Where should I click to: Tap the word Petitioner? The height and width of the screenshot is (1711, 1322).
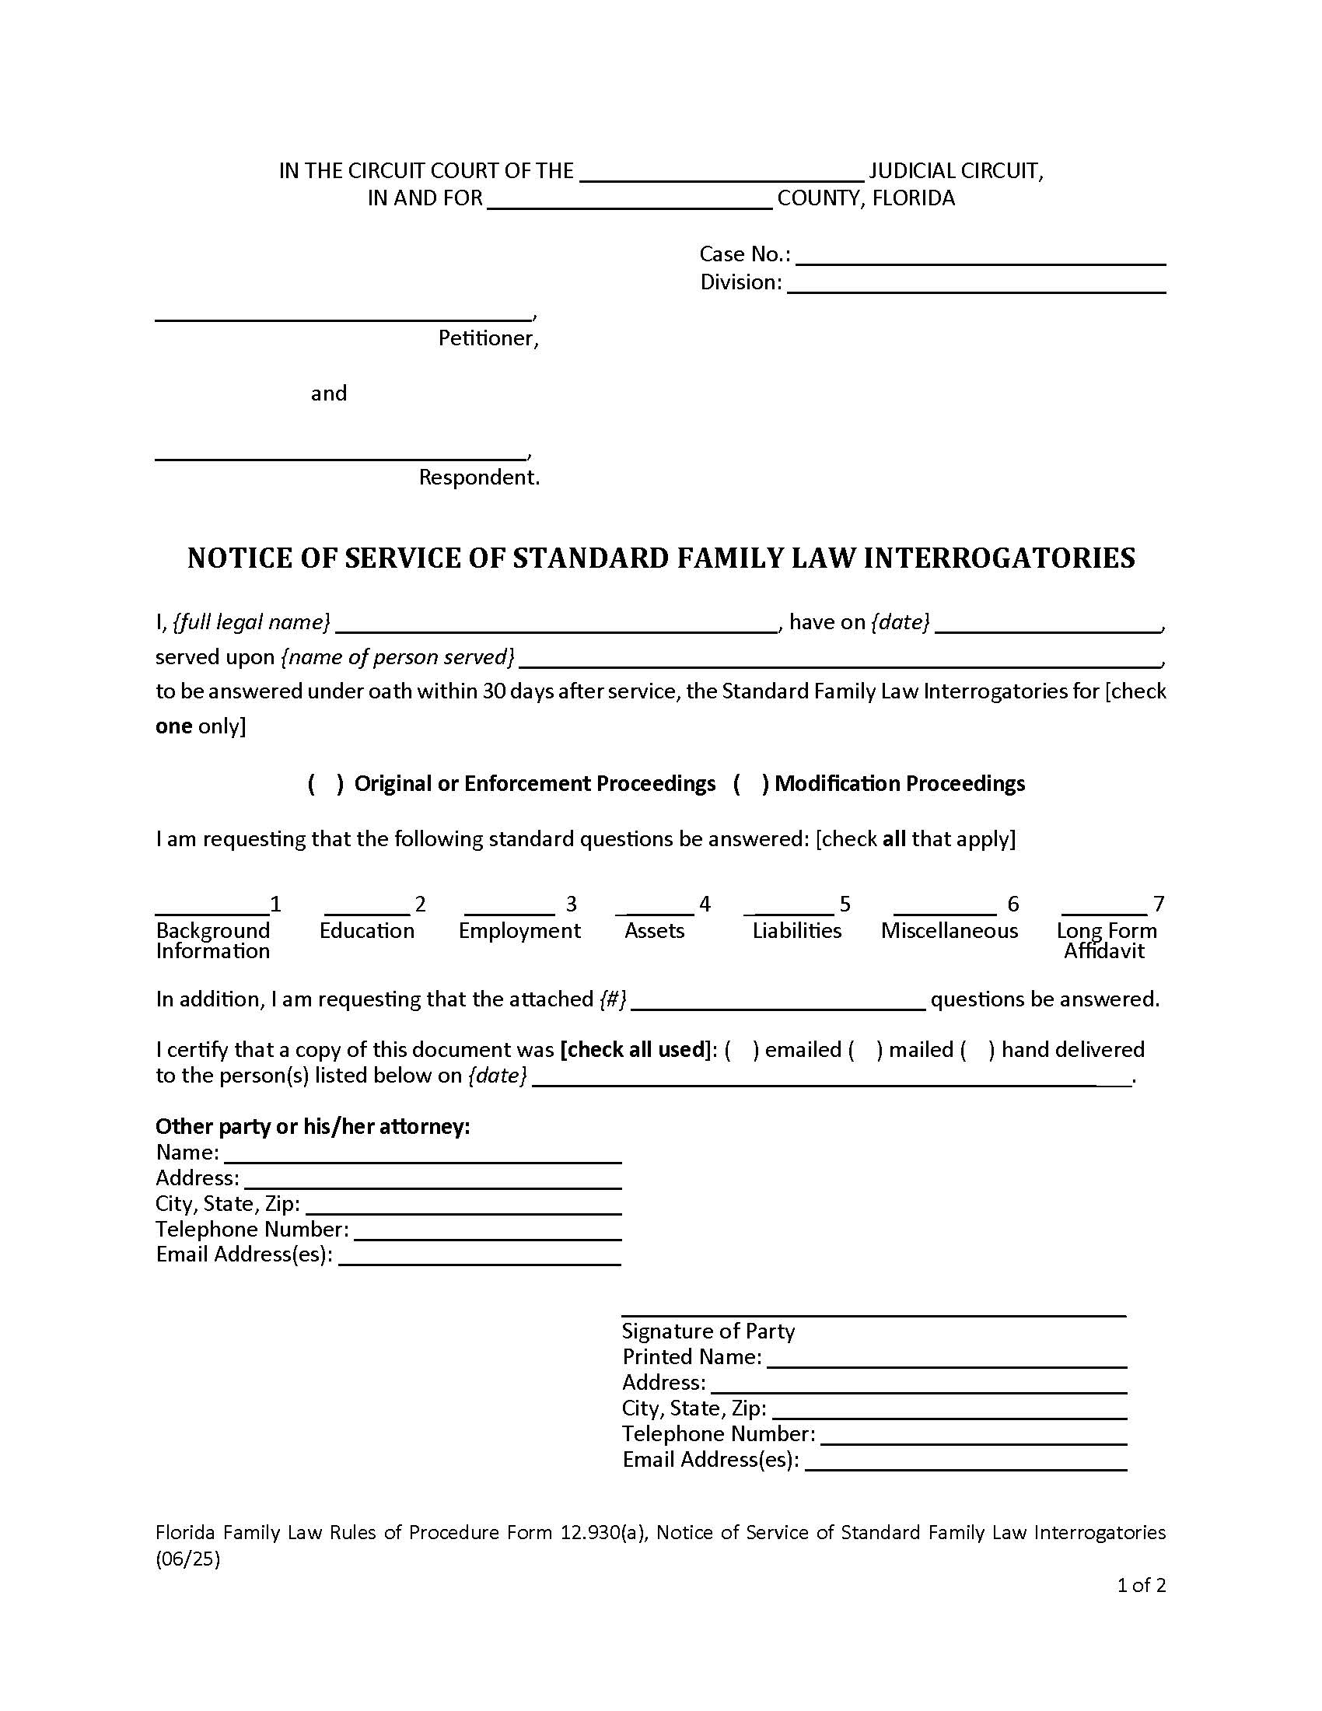pos(488,338)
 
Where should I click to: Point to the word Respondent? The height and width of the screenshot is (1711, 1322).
pos(478,477)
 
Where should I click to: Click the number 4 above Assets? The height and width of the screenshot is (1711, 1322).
pos(704,904)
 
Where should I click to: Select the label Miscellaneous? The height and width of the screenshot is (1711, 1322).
pos(949,931)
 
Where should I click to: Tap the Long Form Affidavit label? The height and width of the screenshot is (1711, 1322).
pos(1105,940)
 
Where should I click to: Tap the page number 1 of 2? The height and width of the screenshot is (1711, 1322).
pos(1140,1586)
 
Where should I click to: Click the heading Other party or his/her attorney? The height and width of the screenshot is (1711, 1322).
pos(313,1127)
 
